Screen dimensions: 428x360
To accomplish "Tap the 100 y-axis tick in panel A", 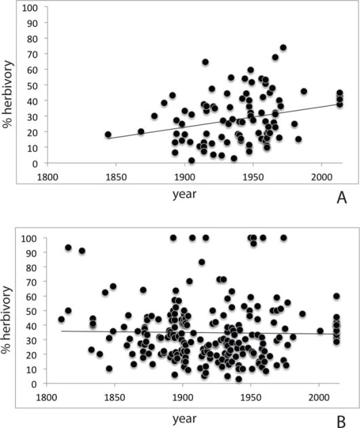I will pyautogui.click(x=31, y=8).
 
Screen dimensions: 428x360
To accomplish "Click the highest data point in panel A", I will pyautogui.click(x=283, y=48).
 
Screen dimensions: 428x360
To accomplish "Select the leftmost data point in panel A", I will pyautogui.click(x=107, y=135).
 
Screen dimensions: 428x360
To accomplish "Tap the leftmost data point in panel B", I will pyautogui.click(x=61, y=319).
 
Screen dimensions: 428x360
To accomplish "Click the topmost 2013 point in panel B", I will pyautogui.click(x=336, y=296).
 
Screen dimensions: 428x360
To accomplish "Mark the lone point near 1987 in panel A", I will pyautogui.click(x=304, y=91).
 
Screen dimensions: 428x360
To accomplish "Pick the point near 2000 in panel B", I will pyautogui.click(x=320, y=332).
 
